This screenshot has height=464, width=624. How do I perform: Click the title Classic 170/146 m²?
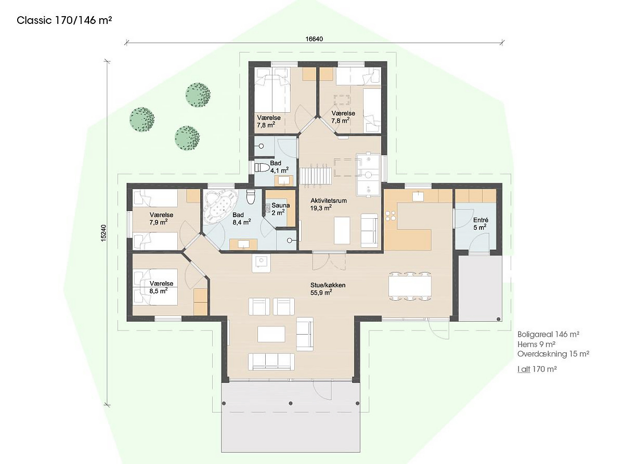(64, 21)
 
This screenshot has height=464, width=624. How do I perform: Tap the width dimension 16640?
(314, 39)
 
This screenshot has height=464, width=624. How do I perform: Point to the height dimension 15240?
(103, 233)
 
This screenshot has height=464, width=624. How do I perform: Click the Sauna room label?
(280, 206)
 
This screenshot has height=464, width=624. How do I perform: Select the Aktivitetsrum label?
(328, 201)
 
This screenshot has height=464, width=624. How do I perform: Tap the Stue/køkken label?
(328, 285)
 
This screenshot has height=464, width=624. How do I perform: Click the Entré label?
(480, 220)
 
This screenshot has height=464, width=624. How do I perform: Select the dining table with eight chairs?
(410, 286)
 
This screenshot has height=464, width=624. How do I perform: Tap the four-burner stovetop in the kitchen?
(390, 216)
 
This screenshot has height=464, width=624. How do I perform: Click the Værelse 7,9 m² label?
(161, 219)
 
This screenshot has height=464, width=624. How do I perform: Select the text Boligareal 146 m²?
(548, 334)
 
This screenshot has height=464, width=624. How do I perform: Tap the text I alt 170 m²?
(537, 369)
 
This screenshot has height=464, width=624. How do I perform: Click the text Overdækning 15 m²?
(553, 354)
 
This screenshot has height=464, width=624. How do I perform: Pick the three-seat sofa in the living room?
(271, 362)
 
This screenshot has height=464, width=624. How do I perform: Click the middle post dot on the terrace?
(290, 403)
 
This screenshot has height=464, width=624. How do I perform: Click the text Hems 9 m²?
(536, 344)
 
